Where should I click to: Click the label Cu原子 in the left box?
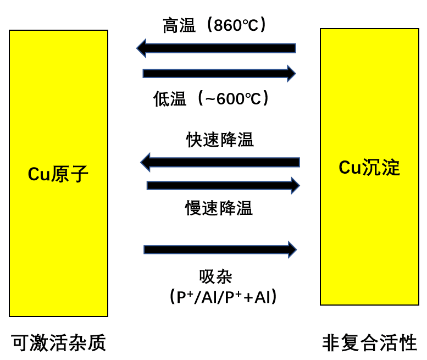coord(58,174)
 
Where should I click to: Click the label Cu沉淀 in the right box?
coord(369,168)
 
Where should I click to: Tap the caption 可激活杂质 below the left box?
coord(59,343)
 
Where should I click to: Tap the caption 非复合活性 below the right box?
coord(369,343)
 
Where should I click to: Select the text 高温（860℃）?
coord(215,25)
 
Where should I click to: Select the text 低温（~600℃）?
coord(212,99)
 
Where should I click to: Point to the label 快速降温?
coord(220,140)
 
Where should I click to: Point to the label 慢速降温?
coord(219,208)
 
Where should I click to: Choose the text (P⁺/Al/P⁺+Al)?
coord(223,297)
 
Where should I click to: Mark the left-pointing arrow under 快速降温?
coord(220,162)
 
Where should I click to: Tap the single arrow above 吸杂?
coord(220,250)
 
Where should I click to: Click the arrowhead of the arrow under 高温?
coord(141,48)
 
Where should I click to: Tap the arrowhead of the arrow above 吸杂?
coord(292,250)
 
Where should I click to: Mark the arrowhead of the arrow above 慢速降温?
coord(295,185)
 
